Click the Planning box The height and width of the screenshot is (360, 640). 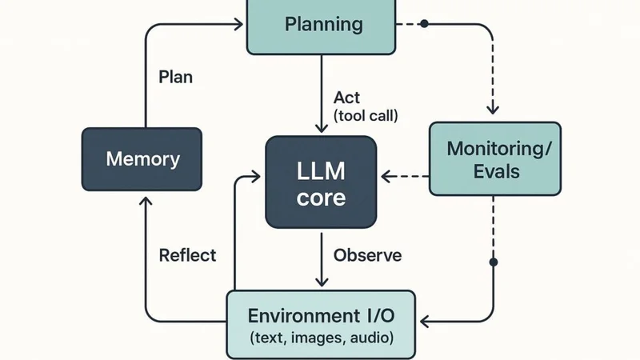pos(322,24)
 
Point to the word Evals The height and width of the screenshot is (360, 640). pos(494,170)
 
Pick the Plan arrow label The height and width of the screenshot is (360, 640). pos(175,78)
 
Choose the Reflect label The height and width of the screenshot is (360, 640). pos(187,255)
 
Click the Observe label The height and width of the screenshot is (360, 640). pos(367,256)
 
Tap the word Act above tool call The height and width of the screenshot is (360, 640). pos(347,97)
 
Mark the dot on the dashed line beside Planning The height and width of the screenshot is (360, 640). pos(424,24)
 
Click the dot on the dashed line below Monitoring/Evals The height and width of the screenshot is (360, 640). pos(494,262)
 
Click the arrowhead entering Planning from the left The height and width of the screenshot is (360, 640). pos(239,25)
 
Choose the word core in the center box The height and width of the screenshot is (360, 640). pos(321,198)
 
